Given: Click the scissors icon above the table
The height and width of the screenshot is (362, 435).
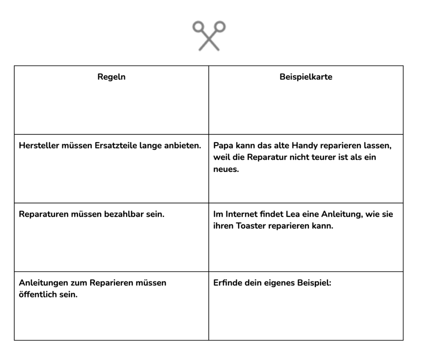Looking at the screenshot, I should click(209, 36).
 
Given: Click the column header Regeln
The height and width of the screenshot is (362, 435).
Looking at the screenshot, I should click(111, 77).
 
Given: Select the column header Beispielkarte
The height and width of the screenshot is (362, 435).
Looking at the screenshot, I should click(306, 77).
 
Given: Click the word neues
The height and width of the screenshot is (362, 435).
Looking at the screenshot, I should click(226, 169).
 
